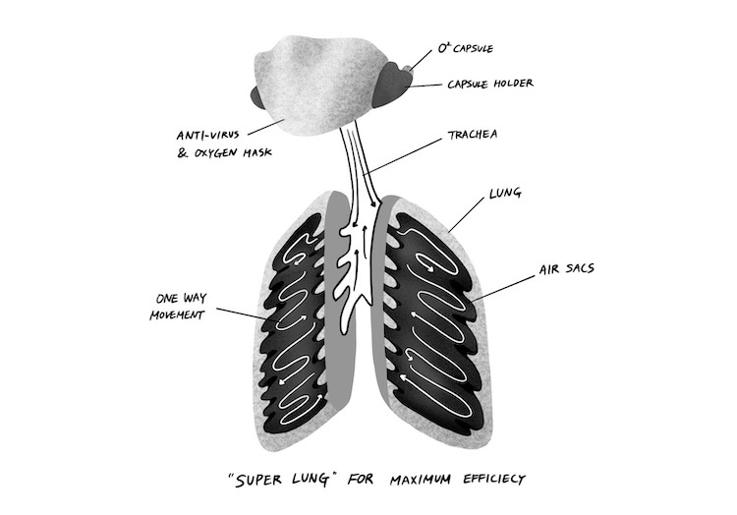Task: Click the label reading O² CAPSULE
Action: [466, 47]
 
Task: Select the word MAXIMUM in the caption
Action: [386, 481]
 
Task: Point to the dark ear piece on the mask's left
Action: [261, 97]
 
